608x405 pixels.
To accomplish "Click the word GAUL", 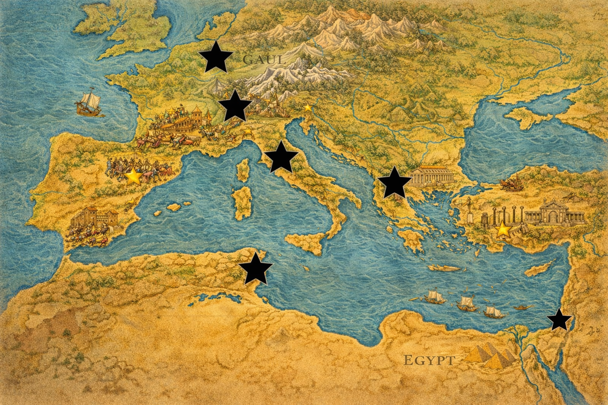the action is [264, 60].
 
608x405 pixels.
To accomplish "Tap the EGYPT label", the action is [429, 360].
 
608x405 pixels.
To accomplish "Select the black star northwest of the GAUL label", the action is [215, 58].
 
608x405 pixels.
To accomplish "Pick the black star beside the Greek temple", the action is [394, 183].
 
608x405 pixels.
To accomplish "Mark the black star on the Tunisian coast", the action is [256, 269].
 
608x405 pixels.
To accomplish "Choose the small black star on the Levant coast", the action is [559, 320].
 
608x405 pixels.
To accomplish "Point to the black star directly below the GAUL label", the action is [235, 106].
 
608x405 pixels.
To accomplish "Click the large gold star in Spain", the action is [134, 177].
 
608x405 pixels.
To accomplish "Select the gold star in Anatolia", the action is [503, 229].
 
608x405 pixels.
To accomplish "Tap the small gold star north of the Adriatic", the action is [308, 107].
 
